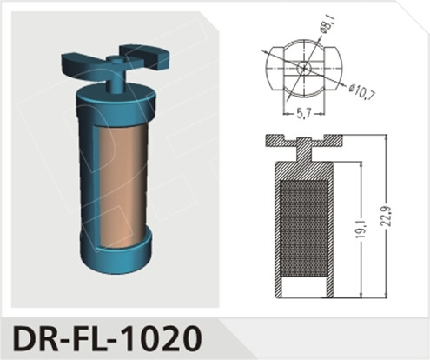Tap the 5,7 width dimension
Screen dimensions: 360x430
click(300, 114)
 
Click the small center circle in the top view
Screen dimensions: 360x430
click(303, 67)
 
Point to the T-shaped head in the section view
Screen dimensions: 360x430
click(303, 142)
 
